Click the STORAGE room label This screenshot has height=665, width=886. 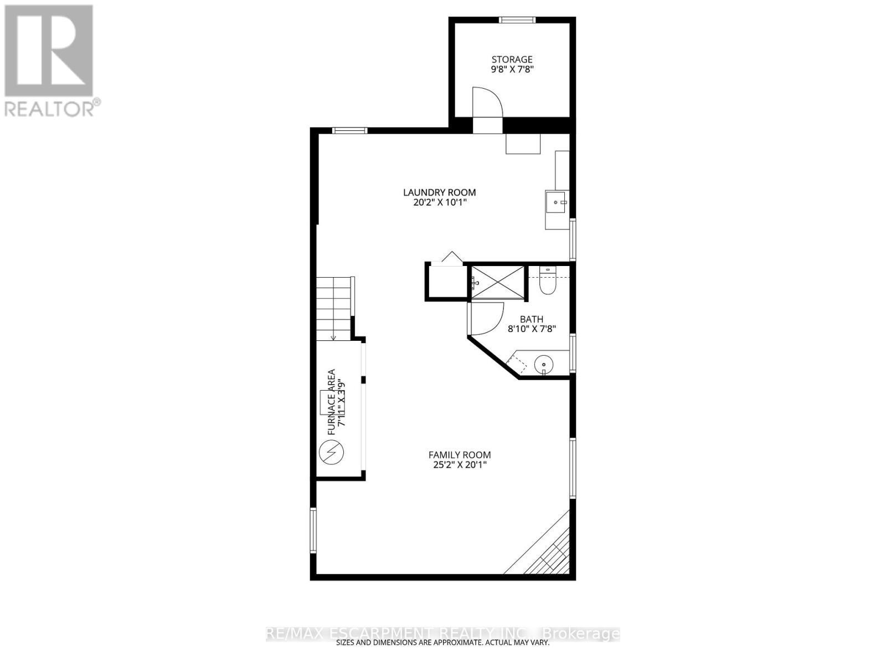pyautogui.click(x=512, y=59)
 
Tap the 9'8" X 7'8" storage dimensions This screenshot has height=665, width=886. pyautogui.click(x=512, y=70)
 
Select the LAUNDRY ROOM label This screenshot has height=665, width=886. pyautogui.click(x=439, y=192)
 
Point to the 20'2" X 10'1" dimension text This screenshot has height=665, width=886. pyautogui.click(x=439, y=203)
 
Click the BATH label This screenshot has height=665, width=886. pyautogui.click(x=531, y=319)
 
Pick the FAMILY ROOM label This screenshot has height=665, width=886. pyautogui.click(x=460, y=455)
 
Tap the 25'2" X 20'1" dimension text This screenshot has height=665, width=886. pyautogui.click(x=460, y=465)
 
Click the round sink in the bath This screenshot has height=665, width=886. pyautogui.click(x=544, y=365)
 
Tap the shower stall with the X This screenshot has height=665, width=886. pyautogui.click(x=497, y=283)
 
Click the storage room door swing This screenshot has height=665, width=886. pyautogui.click(x=487, y=103)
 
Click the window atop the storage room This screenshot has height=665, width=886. pyautogui.click(x=517, y=21)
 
